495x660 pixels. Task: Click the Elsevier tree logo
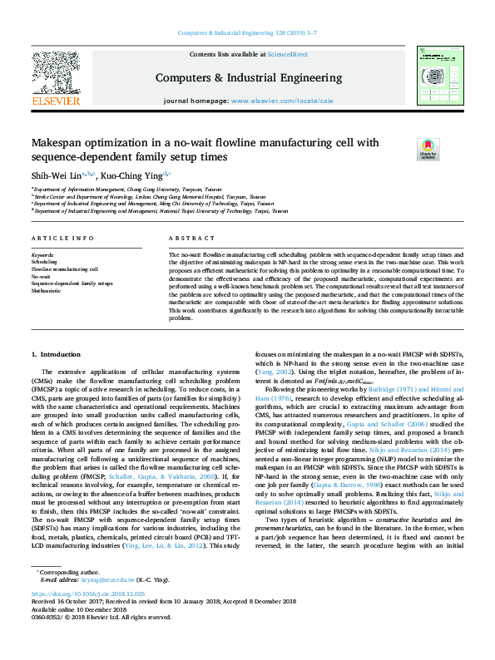click(x=55, y=72)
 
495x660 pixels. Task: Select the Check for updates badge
click(x=403, y=149)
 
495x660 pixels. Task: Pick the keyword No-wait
click(x=41, y=277)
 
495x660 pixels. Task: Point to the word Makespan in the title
click(x=66, y=143)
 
